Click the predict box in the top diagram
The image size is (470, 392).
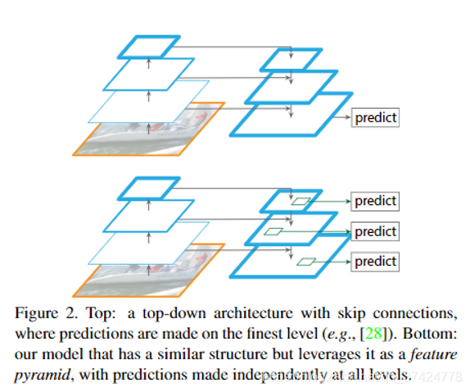375,118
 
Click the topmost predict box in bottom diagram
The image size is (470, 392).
375,201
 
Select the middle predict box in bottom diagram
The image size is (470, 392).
375,231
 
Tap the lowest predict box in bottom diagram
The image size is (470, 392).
375,262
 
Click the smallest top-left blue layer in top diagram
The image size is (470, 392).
148,47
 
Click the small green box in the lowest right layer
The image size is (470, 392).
306,262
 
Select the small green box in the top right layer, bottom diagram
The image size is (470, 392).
301,201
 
